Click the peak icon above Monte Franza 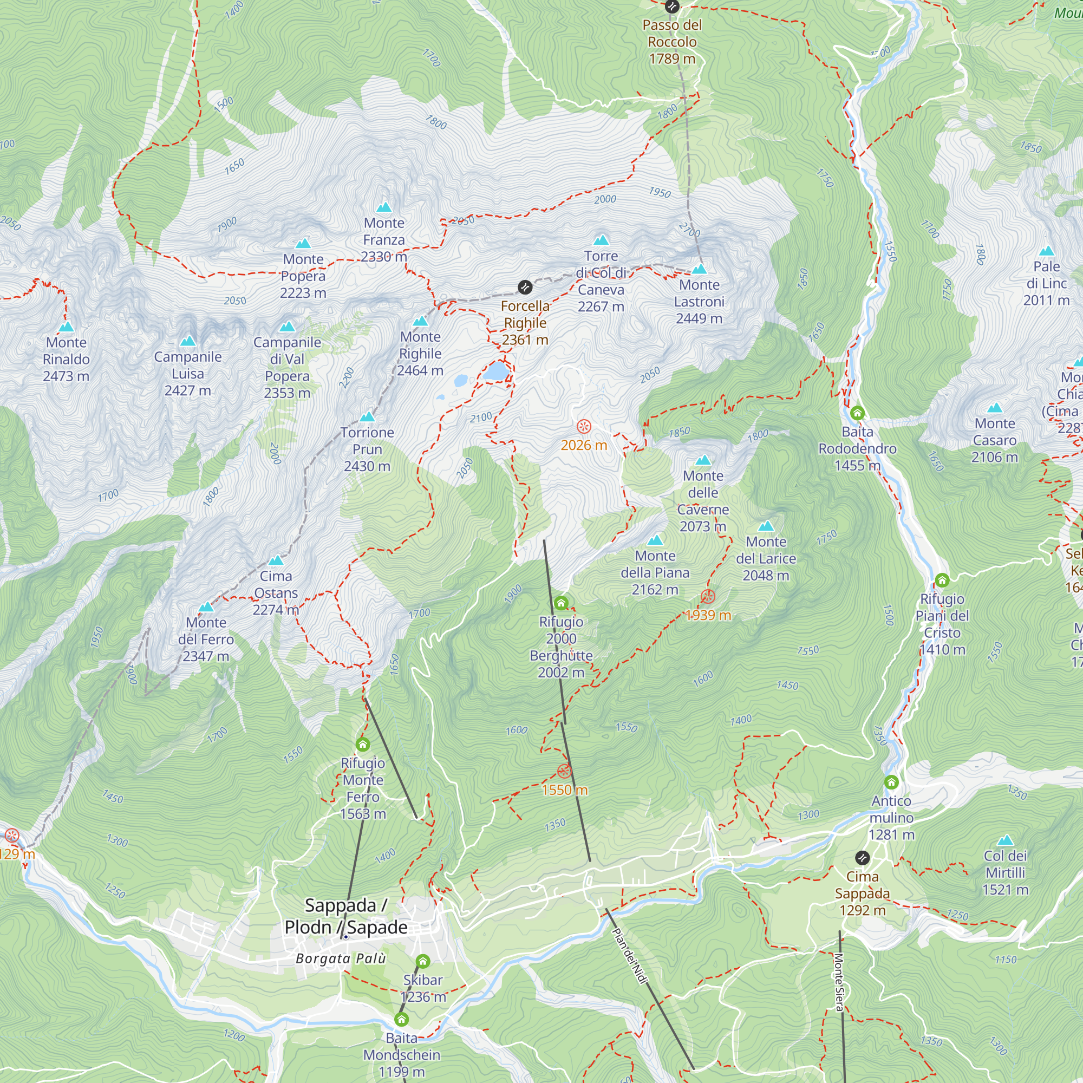384,207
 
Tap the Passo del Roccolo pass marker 671,6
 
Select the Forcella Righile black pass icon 525,288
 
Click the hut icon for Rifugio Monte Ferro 363,745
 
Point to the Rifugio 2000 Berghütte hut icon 561,603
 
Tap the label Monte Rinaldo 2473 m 66,359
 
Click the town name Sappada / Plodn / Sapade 346,916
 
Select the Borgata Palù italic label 341,958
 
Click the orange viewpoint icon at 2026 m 584,427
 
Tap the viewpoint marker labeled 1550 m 564,771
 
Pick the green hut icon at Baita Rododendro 857,414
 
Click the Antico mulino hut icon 891,782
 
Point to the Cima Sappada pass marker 862,858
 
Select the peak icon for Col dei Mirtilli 1006,840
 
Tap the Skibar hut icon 423,962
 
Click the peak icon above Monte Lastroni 699,269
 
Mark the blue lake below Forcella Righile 496,371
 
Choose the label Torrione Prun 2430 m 367,449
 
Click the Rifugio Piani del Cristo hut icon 942,579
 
